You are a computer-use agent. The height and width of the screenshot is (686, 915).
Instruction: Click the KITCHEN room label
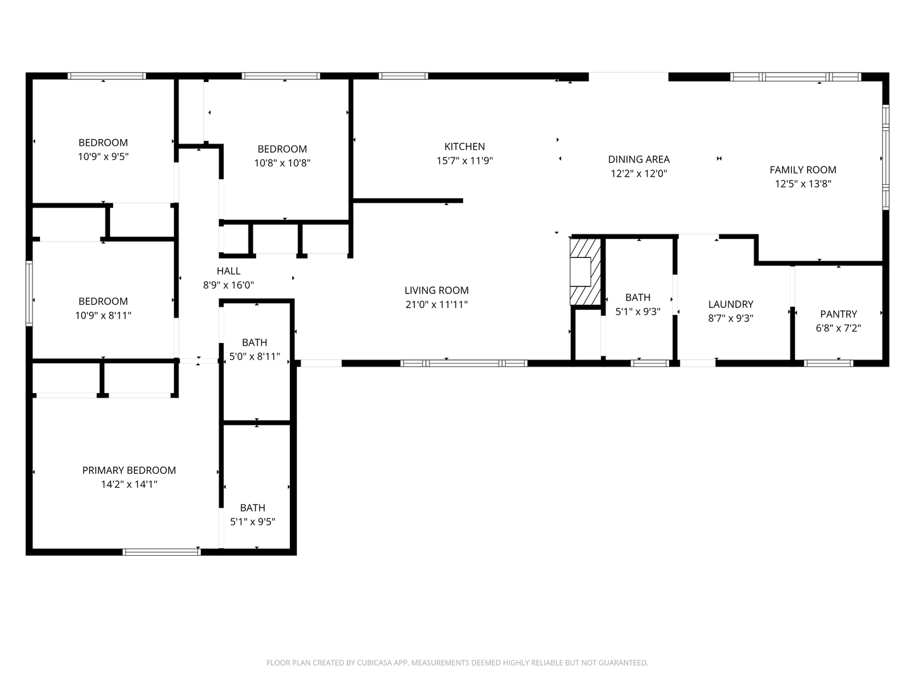click(464, 147)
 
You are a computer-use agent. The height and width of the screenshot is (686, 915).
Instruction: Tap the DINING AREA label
click(639, 159)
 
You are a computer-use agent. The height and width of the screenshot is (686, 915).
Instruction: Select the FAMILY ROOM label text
click(803, 170)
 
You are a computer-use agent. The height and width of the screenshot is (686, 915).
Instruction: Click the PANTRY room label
click(838, 314)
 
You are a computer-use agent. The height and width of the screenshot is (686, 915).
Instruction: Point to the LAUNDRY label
click(731, 304)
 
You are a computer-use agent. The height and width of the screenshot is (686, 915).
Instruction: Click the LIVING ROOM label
click(437, 290)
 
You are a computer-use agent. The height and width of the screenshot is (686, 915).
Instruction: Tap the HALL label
click(228, 271)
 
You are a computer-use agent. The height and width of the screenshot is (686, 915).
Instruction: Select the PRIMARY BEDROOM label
click(129, 470)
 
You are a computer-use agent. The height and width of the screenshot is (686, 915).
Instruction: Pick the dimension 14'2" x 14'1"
click(129, 485)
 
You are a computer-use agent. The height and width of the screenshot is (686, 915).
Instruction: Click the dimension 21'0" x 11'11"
click(437, 305)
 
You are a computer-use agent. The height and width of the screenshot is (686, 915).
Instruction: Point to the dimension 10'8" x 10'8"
click(282, 163)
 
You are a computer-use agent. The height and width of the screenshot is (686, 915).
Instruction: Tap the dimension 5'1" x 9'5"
click(252, 522)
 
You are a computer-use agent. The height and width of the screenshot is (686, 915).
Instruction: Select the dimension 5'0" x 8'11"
click(254, 357)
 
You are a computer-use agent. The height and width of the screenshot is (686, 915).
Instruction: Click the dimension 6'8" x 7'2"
click(838, 328)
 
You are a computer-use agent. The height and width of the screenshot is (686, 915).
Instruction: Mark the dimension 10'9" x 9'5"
click(103, 157)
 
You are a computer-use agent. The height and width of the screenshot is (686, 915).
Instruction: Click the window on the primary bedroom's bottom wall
click(161, 551)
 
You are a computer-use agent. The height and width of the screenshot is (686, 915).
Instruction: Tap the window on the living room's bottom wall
click(464, 363)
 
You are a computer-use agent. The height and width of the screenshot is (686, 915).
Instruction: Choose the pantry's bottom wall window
click(829, 363)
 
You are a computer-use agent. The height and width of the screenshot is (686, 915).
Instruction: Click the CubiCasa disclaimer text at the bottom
click(457, 662)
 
